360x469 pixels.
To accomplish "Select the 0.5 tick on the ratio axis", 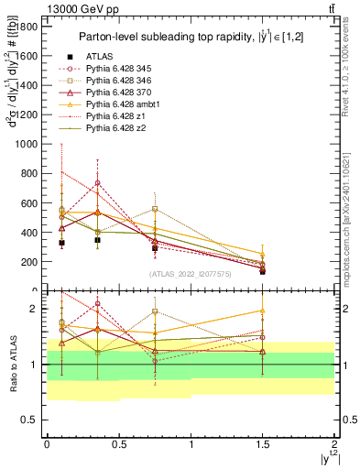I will click(33, 420).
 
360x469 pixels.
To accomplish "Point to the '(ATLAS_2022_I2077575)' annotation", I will click(189, 274).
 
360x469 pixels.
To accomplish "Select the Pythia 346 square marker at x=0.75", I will click(155, 209).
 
